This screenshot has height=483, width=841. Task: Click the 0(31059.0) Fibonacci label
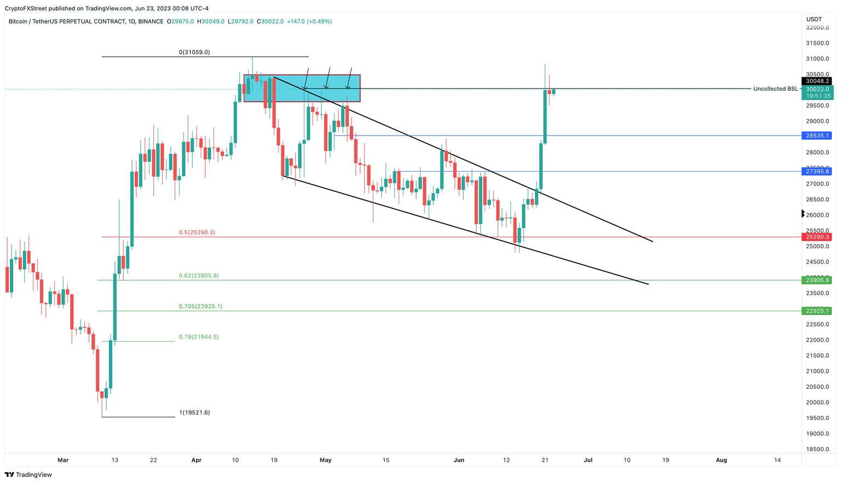[x=194, y=53]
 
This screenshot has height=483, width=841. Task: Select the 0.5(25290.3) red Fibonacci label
[x=197, y=232]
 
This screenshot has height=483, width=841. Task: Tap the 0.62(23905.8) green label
[x=199, y=276]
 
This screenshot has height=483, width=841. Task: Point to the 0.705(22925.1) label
[x=200, y=306]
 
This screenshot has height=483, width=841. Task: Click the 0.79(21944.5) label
[x=199, y=337]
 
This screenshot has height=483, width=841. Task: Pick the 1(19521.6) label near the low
[x=194, y=412]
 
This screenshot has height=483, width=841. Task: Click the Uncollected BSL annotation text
[x=775, y=89]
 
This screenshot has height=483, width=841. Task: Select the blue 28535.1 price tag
[x=817, y=136]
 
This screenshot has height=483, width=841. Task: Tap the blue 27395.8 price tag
[x=817, y=172]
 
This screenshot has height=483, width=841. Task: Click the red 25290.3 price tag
[x=817, y=237]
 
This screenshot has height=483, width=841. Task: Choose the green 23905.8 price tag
[x=817, y=280]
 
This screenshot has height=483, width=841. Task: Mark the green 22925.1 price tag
[x=817, y=311]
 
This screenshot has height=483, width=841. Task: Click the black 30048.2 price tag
[x=817, y=81]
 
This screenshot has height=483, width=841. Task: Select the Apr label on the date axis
[x=197, y=460]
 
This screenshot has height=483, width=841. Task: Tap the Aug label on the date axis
[x=722, y=460]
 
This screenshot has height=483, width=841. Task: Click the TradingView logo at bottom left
[x=28, y=475]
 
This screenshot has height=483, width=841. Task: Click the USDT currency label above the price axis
[x=815, y=19]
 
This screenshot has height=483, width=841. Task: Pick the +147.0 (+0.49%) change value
[x=311, y=21]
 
